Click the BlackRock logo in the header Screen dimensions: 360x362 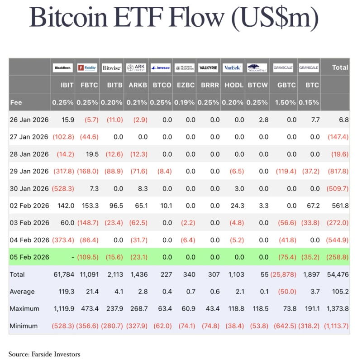click(x=62, y=68)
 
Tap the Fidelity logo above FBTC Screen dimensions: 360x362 click(x=87, y=68)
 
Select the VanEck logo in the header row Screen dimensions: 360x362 click(x=233, y=68)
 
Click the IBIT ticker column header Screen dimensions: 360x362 click(x=67, y=85)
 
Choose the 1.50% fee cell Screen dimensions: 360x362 click(x=286, y=102)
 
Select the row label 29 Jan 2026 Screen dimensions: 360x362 click(x=29, y=171)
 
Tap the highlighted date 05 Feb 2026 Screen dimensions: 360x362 click(x=29, y=257)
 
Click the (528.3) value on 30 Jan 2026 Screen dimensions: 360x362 click(x=62, y=188)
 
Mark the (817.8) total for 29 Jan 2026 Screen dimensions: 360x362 click(x=338, y=171)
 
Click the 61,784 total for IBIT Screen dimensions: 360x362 click(x=63, y=274)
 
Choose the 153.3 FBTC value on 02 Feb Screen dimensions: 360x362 click(x=89, y=206)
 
